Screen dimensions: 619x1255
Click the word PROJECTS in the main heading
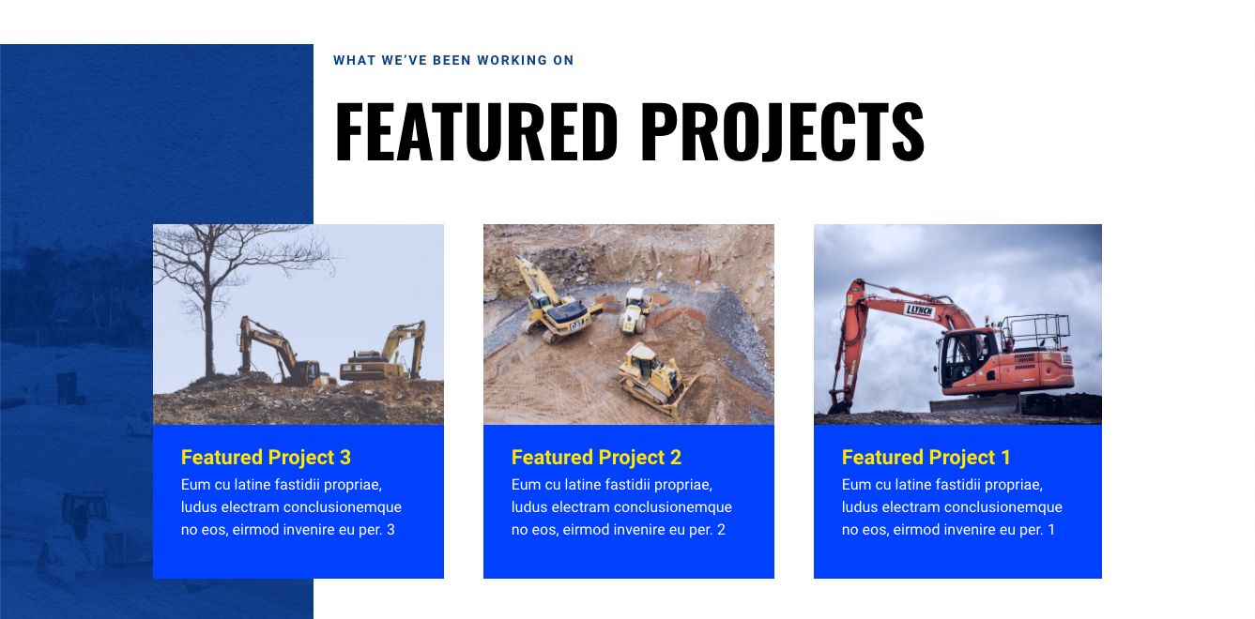[783, 131]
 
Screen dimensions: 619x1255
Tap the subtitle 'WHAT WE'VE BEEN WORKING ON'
[453, 61]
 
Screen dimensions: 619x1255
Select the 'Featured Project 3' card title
[266, 458]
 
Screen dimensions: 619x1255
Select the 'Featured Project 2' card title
[596, 458]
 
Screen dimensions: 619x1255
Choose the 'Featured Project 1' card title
[926, 458]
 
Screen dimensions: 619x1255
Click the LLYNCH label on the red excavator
[920, 309]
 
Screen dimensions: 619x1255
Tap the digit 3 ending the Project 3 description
[390, 531]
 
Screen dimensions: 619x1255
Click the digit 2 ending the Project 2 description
[721, 531]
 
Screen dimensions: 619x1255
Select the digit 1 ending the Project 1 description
[1051, 531]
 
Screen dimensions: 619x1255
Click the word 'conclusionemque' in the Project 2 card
[674, 507]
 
